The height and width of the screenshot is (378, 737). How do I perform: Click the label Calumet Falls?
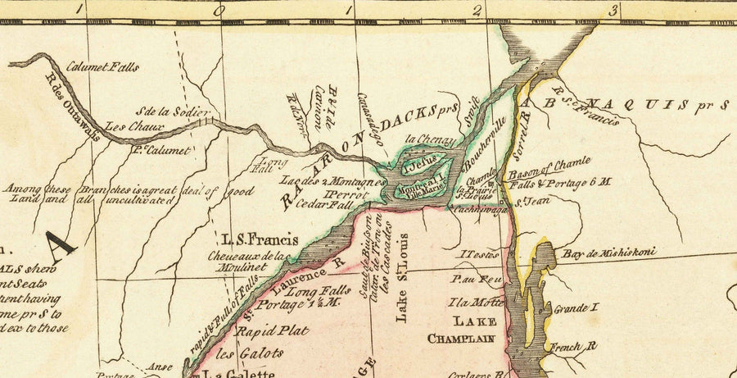[102, 67]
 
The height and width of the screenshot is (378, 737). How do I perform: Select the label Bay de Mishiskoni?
[608, 253]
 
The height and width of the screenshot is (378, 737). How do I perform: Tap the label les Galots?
[250, 353]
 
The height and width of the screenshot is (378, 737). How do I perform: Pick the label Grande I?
[572, 309]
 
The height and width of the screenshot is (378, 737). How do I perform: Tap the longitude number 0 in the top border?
[218, 11]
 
